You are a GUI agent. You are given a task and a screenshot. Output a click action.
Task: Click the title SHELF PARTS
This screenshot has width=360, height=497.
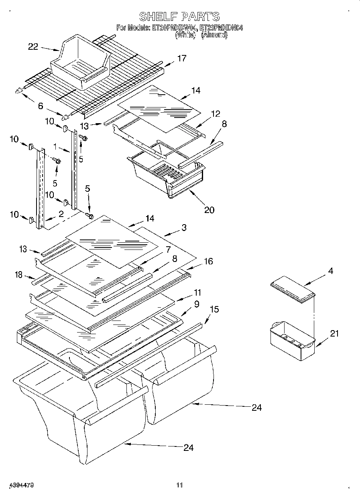click(179, 16)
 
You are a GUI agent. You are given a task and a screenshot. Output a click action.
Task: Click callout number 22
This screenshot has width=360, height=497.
click(33, 47)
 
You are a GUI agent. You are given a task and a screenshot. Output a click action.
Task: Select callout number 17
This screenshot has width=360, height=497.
click(181, 59)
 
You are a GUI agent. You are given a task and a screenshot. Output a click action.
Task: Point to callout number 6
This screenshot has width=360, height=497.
click(40, 106)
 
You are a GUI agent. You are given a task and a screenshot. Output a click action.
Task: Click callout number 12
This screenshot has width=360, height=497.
click(216, 114)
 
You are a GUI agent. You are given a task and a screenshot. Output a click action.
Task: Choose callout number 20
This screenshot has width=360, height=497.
click(209, 209)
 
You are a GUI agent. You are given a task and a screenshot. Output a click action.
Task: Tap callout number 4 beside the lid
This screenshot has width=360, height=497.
click(330, 272)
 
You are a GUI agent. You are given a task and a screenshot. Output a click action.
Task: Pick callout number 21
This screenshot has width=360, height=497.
click(334, 334)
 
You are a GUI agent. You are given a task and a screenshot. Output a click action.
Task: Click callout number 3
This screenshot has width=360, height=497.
click(183, 228)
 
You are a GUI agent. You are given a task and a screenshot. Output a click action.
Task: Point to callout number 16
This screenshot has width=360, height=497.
click(208, 262)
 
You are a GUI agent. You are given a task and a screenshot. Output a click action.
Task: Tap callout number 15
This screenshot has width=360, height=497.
click(214, 310)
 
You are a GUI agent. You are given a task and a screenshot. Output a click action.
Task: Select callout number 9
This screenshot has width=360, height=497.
click(196, 304)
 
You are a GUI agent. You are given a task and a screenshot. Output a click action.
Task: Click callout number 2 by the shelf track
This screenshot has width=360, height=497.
click(61, 214)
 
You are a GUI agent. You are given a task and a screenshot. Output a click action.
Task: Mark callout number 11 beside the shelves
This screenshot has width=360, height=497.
click(197, 292)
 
